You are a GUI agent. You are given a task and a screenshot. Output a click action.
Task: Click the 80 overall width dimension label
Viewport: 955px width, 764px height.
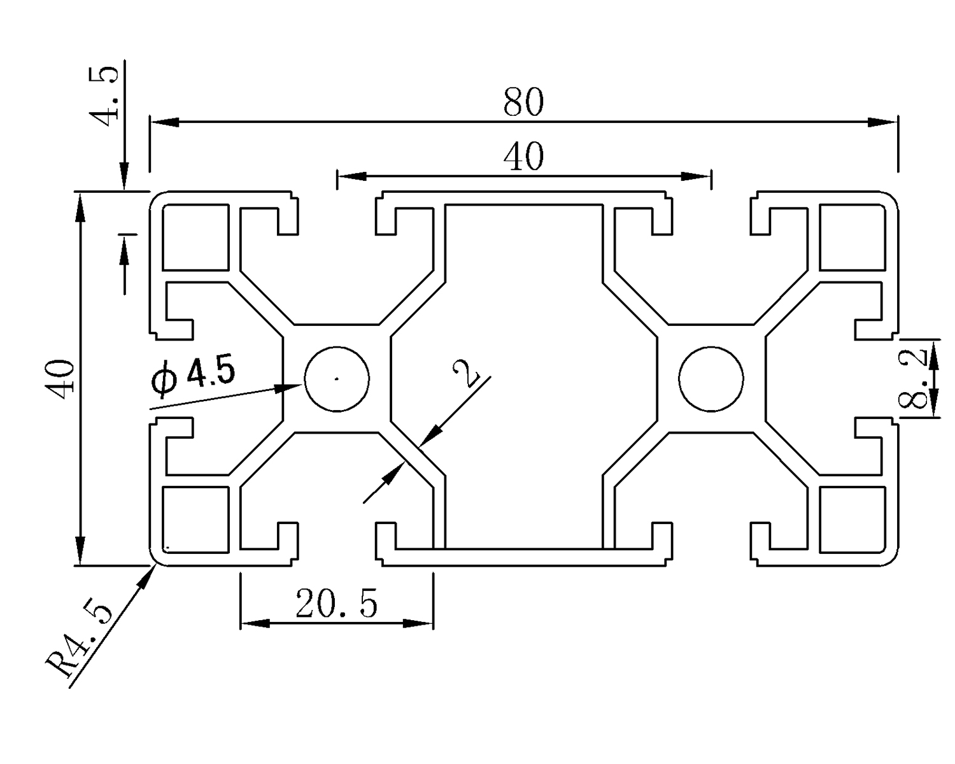[x=523, y=103]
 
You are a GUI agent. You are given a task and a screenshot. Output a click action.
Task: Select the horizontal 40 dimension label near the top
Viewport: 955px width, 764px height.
[x=523, y=157]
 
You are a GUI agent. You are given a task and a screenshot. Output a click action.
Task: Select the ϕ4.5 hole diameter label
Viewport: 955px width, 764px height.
[x=194, y=377]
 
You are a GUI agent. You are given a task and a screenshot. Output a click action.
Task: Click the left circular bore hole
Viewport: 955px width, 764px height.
[x=337, y=379]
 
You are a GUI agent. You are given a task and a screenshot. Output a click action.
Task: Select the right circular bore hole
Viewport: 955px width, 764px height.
[x=711, y=379]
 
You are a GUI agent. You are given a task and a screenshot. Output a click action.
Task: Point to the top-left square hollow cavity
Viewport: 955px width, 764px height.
[x=195, y=237]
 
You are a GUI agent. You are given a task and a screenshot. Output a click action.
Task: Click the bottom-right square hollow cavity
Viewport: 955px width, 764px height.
[x=852, y=520]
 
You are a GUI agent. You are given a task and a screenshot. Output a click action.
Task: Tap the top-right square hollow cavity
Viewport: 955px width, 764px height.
[x=852, y=237]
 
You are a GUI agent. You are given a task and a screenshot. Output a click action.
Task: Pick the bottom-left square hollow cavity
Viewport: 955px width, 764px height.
[x=195, y=520]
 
